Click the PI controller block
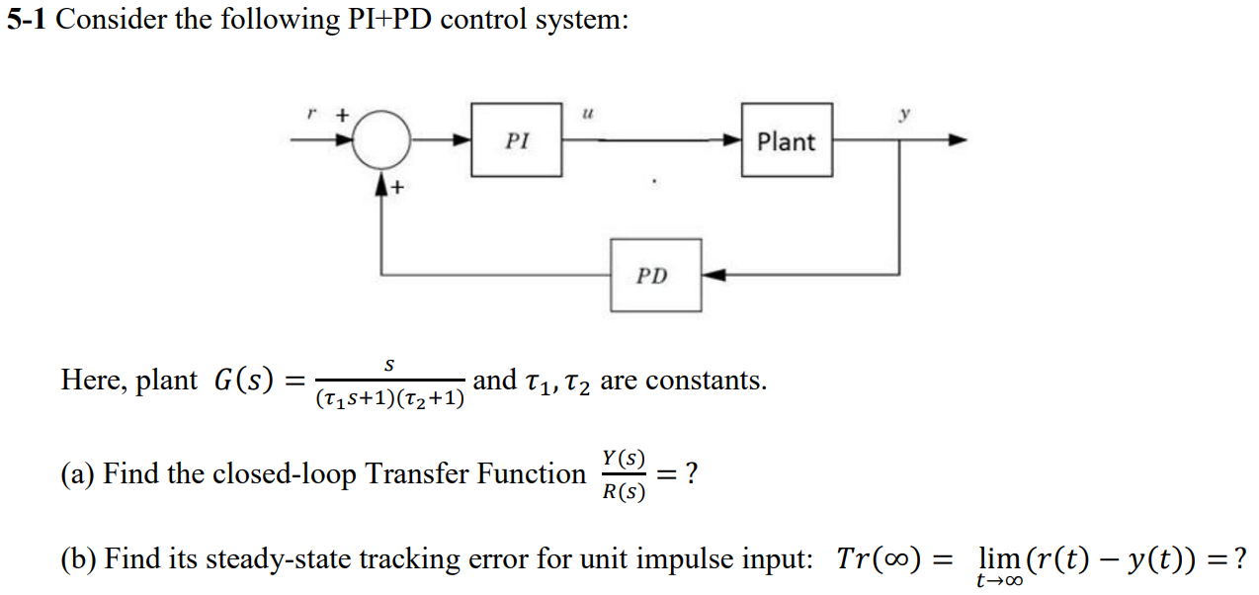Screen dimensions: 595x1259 coord(517,140)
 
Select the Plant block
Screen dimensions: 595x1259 coord(786,140)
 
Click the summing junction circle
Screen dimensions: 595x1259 coord(381,140)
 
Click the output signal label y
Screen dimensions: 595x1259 coord(902,114)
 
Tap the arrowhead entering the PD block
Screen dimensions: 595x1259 coord(713,275)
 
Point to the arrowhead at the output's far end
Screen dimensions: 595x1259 coord(957,140)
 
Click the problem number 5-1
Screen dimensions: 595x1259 coord(27,21)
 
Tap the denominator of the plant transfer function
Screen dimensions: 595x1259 coord(389,399)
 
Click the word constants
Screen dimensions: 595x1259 coord(713,381)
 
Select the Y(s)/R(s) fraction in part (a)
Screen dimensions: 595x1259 coord(623,474)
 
